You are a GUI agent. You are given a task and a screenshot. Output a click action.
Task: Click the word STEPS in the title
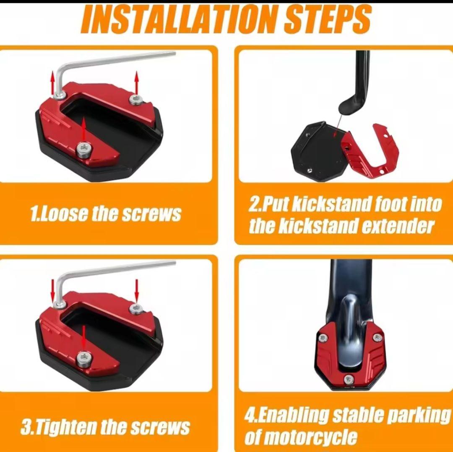tap(327, 19)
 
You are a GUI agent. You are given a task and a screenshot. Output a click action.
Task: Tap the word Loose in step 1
tap(62, 214)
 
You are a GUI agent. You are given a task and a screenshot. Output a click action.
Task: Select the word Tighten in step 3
tap(64, 427)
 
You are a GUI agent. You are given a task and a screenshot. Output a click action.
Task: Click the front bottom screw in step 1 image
tap(84, 150)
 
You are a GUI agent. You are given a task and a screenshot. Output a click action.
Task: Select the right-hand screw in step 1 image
tap(135, 100)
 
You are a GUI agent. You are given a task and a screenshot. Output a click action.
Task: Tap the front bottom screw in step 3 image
tap(84, 358)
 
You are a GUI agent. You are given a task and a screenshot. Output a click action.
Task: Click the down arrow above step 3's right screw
tap(137, 290)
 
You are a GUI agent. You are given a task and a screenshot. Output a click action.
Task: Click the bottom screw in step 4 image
tap(349, 378)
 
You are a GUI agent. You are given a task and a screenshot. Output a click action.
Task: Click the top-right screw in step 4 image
tap(376, 337)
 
